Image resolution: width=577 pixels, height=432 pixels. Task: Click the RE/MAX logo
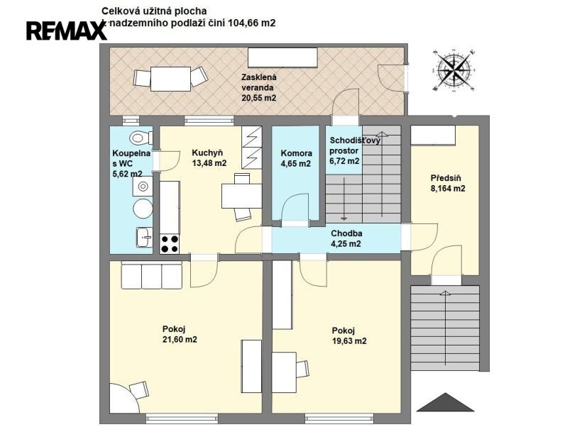[x=67, y=31]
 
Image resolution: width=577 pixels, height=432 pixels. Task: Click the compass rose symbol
[x=454, y=70]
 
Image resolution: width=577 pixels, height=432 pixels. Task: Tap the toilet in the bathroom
[x=141, y=138]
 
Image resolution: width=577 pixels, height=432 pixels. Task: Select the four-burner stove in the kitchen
[x=170, y=244]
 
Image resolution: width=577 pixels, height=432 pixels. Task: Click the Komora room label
[x=296, y=153]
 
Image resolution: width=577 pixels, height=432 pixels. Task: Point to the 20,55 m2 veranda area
[x=259, y=98]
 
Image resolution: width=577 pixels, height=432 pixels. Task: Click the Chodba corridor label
[x=346, y=233]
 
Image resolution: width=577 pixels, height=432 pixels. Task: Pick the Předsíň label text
[x=446, y=178]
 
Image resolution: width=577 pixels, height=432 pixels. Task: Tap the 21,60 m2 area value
[x=180, y=339]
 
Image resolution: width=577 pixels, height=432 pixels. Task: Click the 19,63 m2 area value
[x=349, y=340]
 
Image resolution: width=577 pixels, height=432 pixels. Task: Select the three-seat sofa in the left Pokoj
[x=152, y=275]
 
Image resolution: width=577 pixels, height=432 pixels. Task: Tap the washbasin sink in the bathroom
[x=144, y=237]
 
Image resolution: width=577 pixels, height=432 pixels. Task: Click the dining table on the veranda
[x=171, y=79]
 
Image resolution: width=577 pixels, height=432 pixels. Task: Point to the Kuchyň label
[x=207, y=153]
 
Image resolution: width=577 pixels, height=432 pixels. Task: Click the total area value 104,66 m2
[x=252, y=23]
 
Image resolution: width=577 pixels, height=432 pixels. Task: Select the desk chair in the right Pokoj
[x=302, y=369]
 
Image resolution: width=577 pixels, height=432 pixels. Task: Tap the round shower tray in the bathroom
[x=143, y=209]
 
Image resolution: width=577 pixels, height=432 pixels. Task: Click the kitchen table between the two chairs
[x=242, y=196]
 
